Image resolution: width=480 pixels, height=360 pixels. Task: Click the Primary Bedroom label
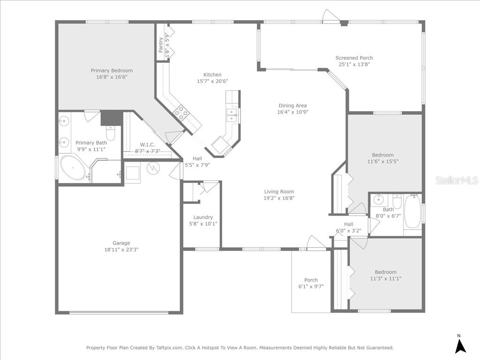click(112, 70)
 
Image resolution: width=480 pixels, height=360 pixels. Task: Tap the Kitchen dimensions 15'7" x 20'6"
click(212, 81)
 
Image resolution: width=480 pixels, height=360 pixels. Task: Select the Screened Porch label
click(354, 58)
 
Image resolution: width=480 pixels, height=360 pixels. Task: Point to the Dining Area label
click(292, 105)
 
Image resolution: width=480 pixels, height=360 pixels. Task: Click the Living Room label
click(279, 191)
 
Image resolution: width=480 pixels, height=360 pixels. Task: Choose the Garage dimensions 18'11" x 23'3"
click(121, 249)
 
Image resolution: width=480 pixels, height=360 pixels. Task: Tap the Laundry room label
click(203, 217)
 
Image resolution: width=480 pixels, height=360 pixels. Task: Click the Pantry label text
click(161, 44)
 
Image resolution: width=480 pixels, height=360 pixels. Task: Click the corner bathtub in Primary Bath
click(73, 168)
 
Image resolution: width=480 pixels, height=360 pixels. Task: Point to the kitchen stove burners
click(181, 112)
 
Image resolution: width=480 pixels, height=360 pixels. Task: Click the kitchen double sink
click(232, 115)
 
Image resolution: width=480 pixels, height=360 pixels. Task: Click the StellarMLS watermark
click(456, 180)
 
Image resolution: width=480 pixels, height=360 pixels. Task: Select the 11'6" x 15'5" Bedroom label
click(382, 155)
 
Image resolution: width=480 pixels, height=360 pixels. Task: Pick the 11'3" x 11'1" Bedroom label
click(385, 272)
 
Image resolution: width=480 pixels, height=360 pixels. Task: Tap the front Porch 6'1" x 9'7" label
click(311, 280)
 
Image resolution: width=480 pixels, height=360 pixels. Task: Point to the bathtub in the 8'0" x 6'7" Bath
click(412, 212)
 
